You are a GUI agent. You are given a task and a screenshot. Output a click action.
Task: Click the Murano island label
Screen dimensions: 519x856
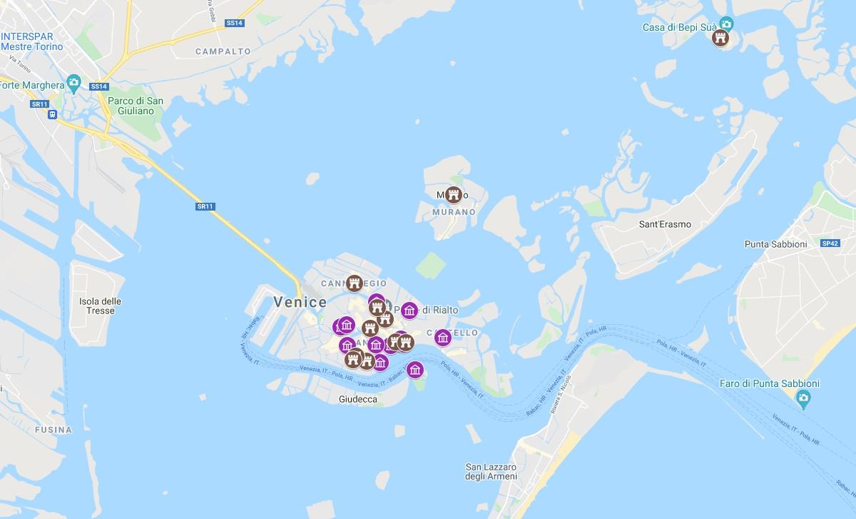[x=454, y=212]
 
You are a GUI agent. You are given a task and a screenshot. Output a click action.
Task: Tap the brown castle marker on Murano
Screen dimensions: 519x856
[x=453, y=194]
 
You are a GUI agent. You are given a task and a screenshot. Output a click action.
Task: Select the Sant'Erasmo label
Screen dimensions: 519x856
[x=665, y=224]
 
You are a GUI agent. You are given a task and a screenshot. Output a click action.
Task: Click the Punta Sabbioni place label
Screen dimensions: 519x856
[x=775, y=244]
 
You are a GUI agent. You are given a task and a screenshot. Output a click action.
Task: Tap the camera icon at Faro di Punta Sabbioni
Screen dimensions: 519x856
[x=804, y=398]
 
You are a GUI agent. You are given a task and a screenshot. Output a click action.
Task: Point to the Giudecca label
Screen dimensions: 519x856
[x=358, y=400]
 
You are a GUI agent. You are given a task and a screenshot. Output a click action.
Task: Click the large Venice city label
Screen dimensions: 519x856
[x=300, y=302]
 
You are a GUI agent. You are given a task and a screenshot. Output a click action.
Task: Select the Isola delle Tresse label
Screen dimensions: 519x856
[x=101, y=306]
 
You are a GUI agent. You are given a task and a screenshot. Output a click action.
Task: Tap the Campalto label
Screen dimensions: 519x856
[x=223, y=51]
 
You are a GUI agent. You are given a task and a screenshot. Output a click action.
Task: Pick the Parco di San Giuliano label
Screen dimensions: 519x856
[x=136, y=106]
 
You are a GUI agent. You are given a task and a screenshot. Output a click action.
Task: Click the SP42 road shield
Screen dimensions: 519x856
[x=830, y=243]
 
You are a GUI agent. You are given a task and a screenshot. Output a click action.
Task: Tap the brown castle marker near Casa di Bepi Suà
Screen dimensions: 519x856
[x=720, y=38]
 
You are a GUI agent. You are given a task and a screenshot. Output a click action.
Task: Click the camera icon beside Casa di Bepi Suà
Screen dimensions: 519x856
[x=726, y=24]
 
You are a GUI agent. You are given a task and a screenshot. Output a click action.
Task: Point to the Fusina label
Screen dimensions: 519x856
[x=53, y=430]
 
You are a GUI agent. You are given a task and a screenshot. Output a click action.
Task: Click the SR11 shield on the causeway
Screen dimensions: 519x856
[x=205, y=206]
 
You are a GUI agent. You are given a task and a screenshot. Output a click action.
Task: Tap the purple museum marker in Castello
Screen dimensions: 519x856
[x=442, y=337]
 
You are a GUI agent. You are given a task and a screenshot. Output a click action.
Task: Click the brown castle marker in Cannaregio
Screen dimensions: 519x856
[x=354, y=283]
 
